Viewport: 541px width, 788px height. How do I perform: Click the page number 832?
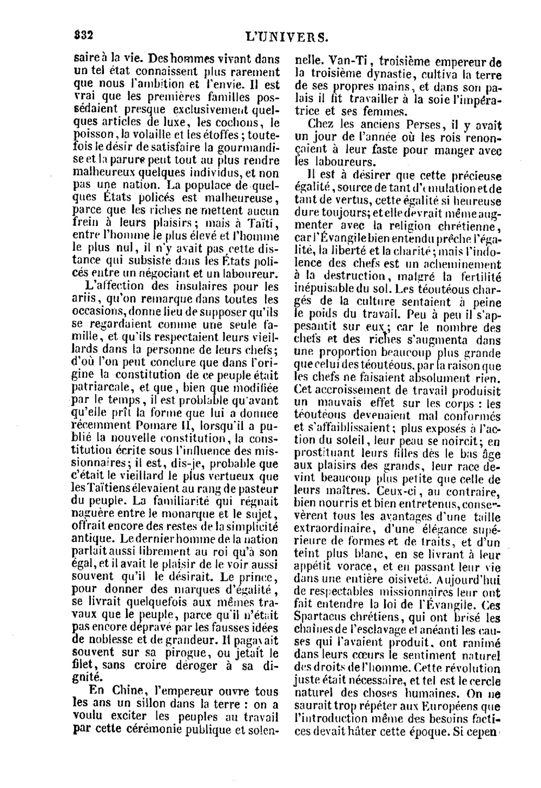84,35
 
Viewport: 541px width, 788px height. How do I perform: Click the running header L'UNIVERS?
287,37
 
